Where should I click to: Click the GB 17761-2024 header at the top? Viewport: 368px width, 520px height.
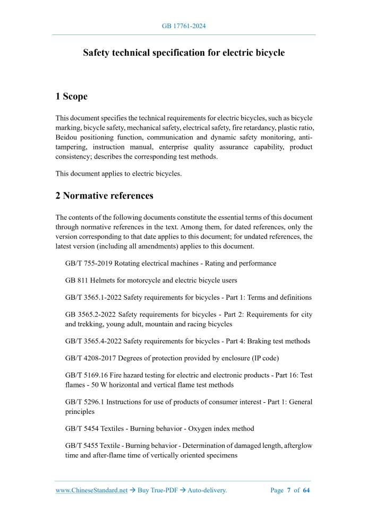tap(184, 25)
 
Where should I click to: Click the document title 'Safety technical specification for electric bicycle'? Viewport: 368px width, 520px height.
tap(184, 53)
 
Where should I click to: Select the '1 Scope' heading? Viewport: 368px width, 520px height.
tap(71, 97)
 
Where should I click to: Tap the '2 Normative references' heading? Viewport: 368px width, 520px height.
tap(104, 196)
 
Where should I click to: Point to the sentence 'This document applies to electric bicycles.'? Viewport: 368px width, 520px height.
tap(118, 174)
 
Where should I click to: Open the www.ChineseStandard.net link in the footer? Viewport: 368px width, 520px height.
tap(91, 490)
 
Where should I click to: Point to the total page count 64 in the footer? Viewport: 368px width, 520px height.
tap(306, 490)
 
